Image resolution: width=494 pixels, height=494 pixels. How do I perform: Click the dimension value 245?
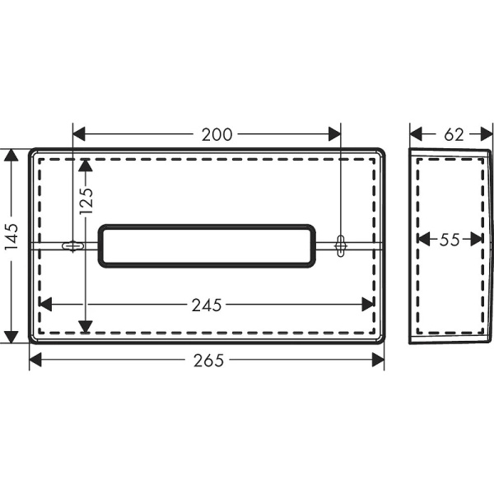[x=206, y=305]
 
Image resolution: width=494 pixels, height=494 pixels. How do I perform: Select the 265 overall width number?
[x=206, y=360]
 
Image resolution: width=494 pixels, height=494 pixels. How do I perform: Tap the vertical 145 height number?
[x=11, y=245]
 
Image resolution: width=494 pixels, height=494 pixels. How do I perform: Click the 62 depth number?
[x=454, y=133]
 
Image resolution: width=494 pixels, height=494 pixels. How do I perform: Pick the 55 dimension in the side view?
[x=449, y=240]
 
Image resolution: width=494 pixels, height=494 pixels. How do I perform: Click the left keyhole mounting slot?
[x=73, y=245]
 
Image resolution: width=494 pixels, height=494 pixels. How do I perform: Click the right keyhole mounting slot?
[x=341, y=245]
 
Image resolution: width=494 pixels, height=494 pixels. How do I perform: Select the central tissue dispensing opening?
[x=207, y=245]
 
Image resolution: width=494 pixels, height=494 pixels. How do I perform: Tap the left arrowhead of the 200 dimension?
[x=80, y=133]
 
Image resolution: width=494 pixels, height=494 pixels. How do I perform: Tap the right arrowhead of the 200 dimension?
[x=333, y=133]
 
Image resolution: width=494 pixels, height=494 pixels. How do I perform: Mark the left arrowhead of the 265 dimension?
[x=36, y=360]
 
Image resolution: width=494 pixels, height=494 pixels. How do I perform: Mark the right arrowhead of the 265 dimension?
[x=377, y=360]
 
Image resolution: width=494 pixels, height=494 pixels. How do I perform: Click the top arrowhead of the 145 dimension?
[x=11, y=156]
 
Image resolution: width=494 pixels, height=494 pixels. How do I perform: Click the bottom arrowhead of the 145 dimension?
[x=11, y=336]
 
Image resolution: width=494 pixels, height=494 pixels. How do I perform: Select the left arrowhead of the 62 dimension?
[x=417, y=133]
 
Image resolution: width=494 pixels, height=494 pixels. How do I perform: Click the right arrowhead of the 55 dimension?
[x=477, y=240]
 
